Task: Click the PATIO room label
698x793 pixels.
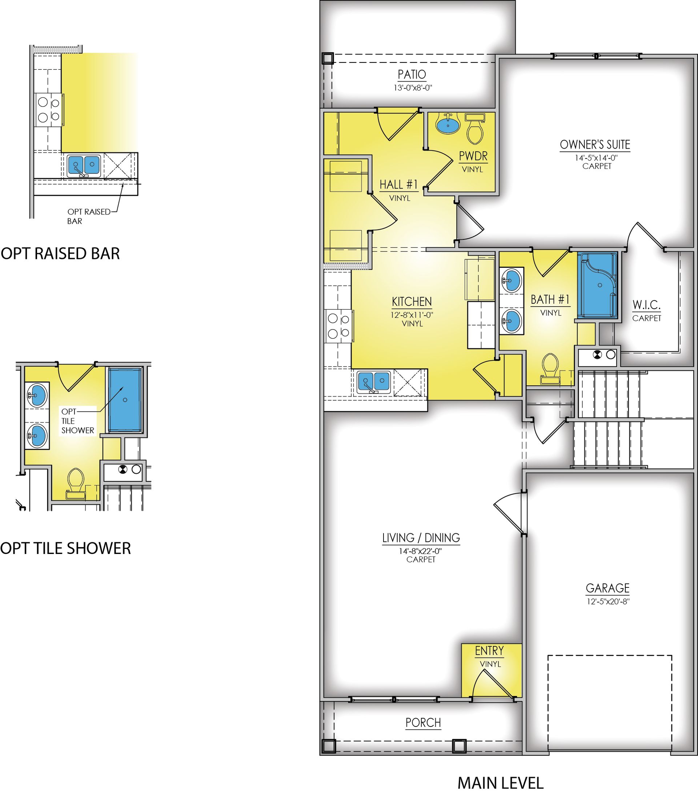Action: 412,74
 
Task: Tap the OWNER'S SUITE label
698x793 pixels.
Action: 595,145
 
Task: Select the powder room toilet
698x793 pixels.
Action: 475,129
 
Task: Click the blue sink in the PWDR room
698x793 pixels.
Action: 448,124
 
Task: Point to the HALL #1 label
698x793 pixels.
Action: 399,184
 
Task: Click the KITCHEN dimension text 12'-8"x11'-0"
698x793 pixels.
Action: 412,315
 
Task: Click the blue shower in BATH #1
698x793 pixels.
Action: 597,285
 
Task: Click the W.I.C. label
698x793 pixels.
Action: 646,305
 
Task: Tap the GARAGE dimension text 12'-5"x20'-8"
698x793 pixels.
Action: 608,601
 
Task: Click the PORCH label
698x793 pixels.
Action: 423,723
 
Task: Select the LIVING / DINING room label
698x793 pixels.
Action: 421,538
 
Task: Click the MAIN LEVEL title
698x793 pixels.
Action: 500,783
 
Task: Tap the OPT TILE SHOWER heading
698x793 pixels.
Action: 65,548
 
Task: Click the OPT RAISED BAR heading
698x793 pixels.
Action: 60,253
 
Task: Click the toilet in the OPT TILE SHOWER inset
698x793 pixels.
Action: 75,483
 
